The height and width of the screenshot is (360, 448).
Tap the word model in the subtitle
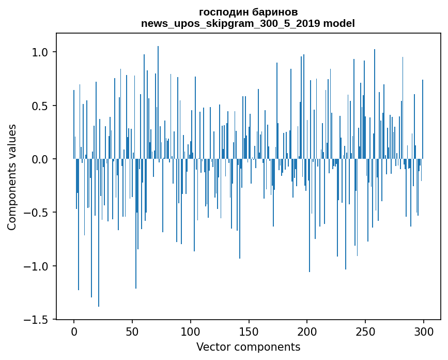coord(339,24)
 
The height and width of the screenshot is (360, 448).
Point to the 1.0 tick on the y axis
coord(40,52)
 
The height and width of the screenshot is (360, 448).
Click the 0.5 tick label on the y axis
coord(40,106)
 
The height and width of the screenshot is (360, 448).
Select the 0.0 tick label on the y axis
coord(40,159)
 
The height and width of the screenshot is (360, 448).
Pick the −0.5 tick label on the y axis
coord(37,213)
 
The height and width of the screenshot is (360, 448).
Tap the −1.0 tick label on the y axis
coord(37,266)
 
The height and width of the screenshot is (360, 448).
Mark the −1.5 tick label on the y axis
coord(37,320)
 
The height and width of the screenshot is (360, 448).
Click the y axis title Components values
coord(12,177)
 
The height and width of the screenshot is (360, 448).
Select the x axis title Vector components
coord(248,347)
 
